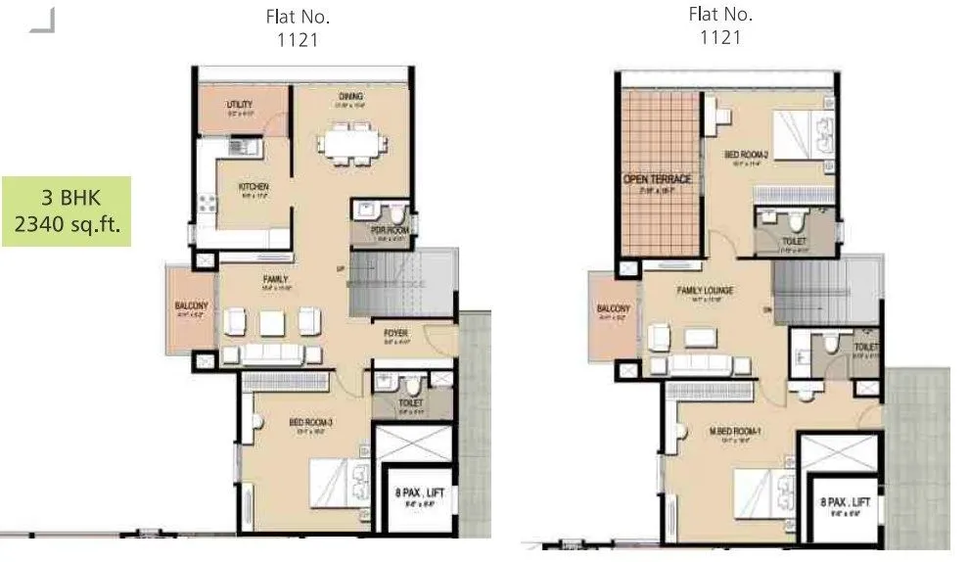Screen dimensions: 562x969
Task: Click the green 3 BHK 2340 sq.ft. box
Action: tap(67, 211)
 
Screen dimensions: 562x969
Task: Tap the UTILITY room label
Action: tap(239, 104)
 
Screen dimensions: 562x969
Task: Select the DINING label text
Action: tap(351, 97)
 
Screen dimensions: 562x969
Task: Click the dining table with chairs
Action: tap(348, 144)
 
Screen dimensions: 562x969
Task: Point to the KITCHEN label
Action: tap(254, 187)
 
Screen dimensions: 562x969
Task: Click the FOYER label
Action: tap(395, 334)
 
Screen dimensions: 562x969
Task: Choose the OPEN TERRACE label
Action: tap(658, 180)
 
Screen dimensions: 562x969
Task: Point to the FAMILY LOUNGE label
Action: tap(705, 291)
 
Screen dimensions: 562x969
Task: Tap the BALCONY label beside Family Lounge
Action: tap(614, 309)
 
